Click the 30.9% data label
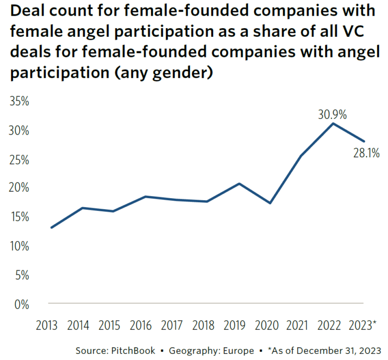(x=332, y=114)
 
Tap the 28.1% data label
(x=366, y=153)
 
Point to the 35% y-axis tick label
(x=20, y=101)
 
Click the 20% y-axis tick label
(x=20, y=188)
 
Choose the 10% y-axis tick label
(x=20, y=247)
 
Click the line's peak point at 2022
(x=333, y=124)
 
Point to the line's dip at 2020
(x=271, y=203)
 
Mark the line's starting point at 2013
(x=51, y=227)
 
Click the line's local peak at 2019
(x=239, y=184)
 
